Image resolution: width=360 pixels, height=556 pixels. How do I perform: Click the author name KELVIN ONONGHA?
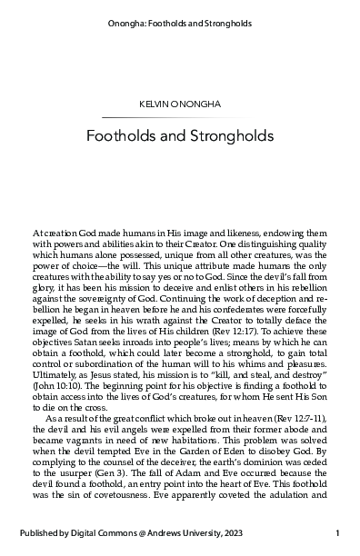[180, 106]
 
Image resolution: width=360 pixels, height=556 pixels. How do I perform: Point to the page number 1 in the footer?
[337, 533]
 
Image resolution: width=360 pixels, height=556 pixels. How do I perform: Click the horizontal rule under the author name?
[180, 119]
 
